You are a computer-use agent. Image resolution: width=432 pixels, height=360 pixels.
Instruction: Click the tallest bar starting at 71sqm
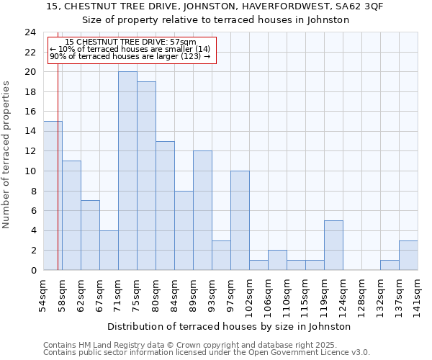point(127,171)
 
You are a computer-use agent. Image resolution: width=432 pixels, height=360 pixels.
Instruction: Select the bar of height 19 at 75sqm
point(146,176)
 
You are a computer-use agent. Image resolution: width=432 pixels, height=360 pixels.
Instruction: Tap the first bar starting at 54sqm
point(53,195)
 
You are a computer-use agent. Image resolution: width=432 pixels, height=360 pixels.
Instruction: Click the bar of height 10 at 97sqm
point(240,220)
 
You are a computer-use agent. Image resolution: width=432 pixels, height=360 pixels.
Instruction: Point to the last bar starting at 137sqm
point(408,255)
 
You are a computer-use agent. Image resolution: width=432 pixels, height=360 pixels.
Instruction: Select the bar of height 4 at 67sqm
point(109,250)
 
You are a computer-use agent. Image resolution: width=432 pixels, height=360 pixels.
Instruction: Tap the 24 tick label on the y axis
point(30,32)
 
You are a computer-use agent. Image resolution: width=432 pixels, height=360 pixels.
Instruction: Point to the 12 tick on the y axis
point(30,151)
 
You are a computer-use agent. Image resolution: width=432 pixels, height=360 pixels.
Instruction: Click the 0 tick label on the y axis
point(32,270)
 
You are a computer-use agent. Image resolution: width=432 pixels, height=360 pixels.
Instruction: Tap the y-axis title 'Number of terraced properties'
point(7,154)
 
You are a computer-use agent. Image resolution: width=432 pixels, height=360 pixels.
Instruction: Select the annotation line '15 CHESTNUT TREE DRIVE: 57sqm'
point(130,42)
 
